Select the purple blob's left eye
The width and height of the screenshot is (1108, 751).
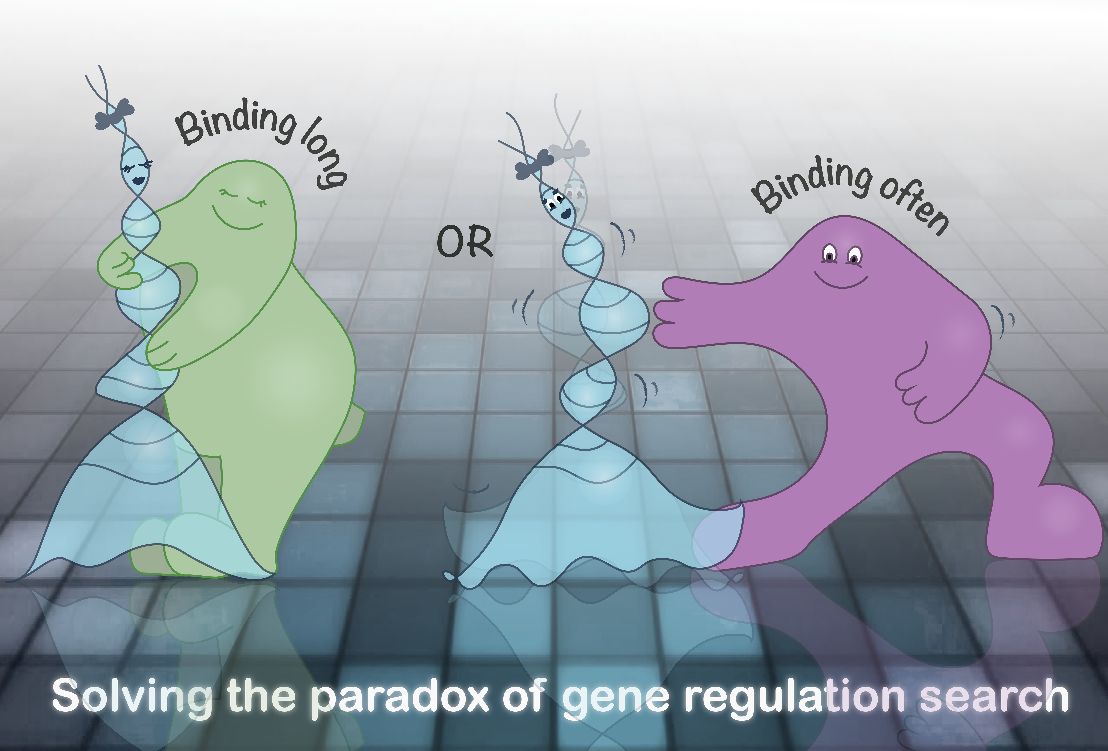point(830,254)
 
